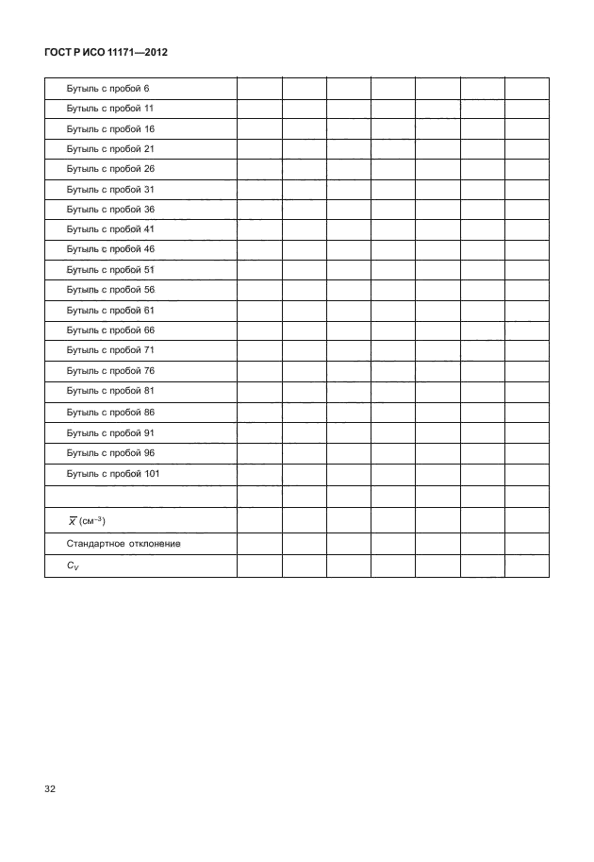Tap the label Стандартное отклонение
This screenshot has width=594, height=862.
point(124,544)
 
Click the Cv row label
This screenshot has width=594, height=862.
point(74,566)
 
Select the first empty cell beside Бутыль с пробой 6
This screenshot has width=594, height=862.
point(259,89)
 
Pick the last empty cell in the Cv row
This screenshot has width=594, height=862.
point(527,566)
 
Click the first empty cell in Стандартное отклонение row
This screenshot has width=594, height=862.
point(259,544)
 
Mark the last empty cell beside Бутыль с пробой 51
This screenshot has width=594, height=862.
point(527,270)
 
